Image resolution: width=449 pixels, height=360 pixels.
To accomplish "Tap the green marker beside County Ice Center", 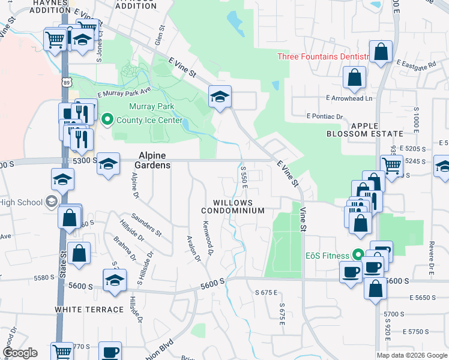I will (x=107, y=119).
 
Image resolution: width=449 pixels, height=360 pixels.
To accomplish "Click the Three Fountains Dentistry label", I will (x=323, y=56).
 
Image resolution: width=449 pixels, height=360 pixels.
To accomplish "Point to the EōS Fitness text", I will (x=327, y=256).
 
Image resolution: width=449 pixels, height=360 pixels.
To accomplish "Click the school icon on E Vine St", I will (x=220, y=96).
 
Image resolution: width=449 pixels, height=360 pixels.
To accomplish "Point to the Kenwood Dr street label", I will (x=208, y=237).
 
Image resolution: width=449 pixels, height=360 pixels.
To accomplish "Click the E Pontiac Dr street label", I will (x=325, y=116).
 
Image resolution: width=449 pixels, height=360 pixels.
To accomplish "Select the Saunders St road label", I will (x=147, y=224).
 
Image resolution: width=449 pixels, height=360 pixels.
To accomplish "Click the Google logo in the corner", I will (x=20, y=353).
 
